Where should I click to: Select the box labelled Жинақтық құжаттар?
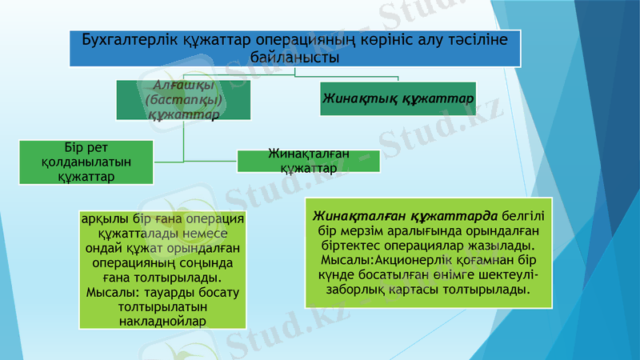click(x=398, y=98)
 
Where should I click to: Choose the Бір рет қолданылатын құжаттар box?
click(x=86, y=162)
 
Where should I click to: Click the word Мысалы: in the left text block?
click(x=111, y=292)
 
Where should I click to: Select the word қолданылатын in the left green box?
click(x=86, y=162)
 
